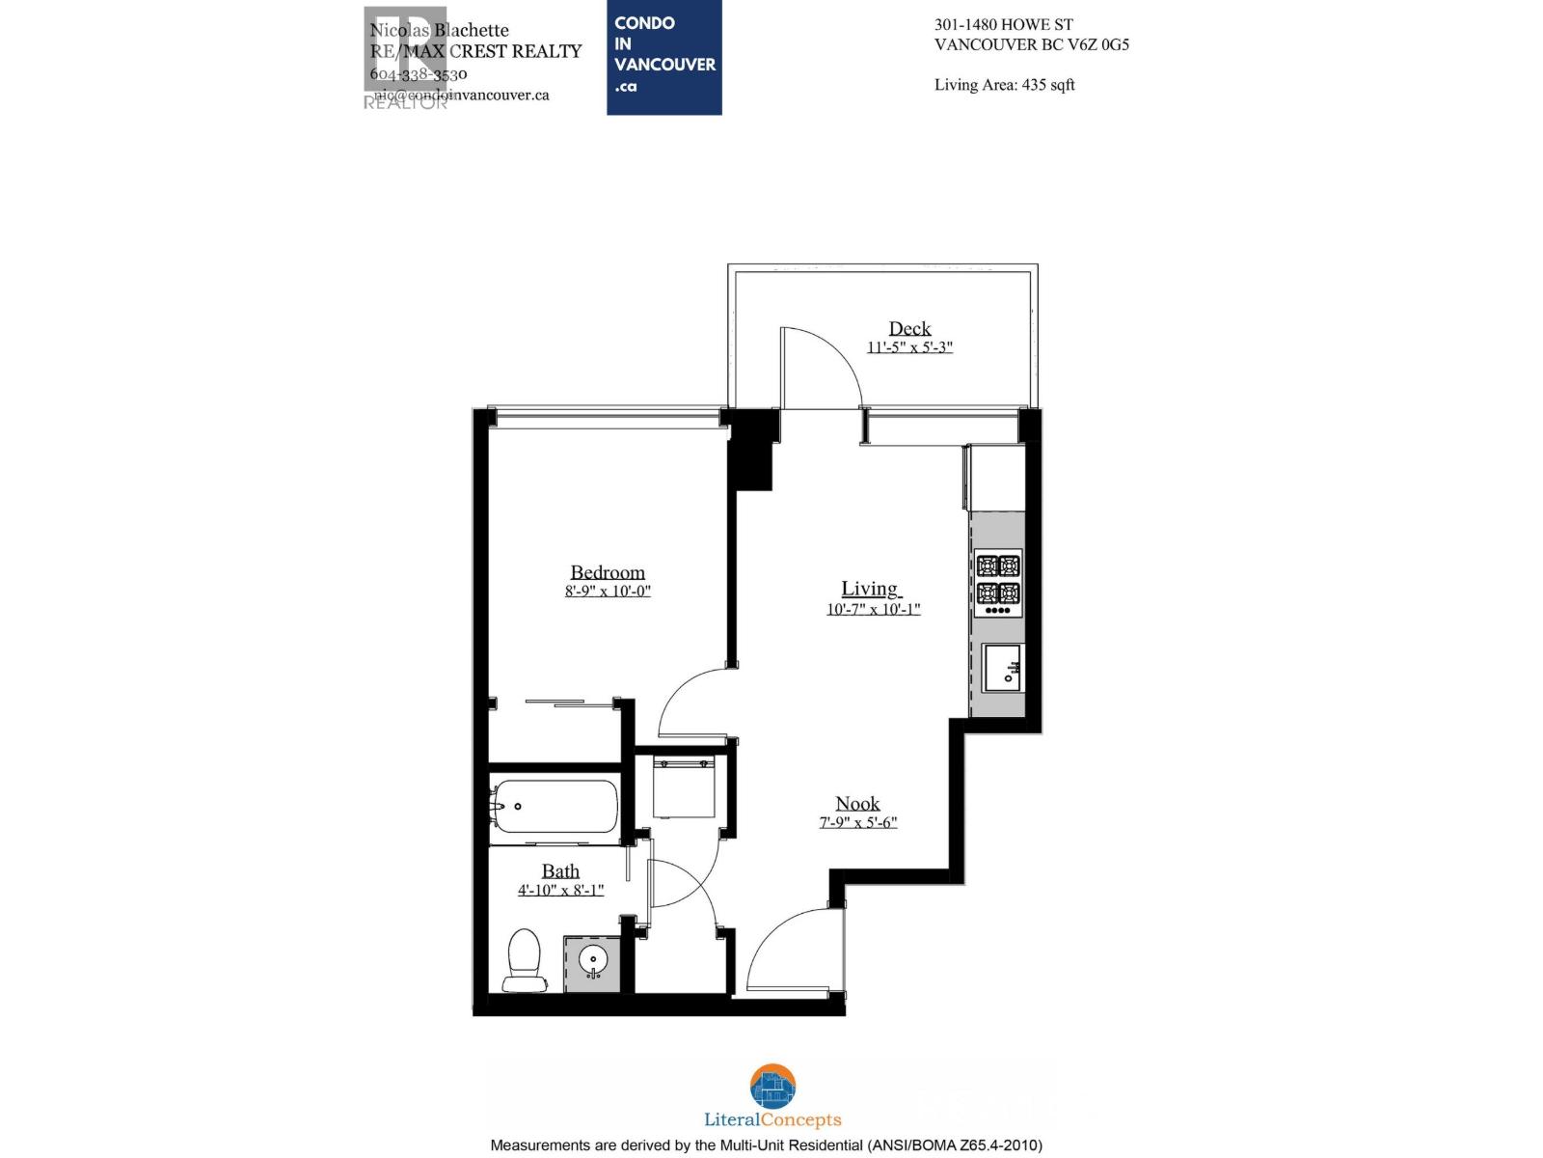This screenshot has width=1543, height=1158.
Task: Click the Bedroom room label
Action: pyautogui.click(x=607, y=572)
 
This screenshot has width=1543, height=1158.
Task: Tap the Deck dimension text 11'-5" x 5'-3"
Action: pyautogui.click(x=909, y=347)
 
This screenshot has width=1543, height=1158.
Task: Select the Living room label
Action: pyautogui.click(x=870, y=589)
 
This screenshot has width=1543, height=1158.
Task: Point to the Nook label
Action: pyautogui.click(x=857, y=804)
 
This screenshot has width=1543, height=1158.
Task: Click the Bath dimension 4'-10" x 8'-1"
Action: pyautogui.click(x=560, y=890)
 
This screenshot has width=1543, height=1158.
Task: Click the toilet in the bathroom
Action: pyautogui.click(x=524, y=959)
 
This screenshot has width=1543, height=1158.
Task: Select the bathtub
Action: pyautogui.click(x=555, y=806)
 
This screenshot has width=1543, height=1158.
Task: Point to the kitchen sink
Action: pyautogui.click(x=1003, y=668)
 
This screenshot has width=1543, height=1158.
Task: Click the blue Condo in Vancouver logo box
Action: pyautogui.click(x=663, y=58)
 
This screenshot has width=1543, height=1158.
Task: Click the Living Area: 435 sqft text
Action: pyautogui.click(x=1004, y=85)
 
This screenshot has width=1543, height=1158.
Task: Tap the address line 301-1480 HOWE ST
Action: pyautogui.click(x=1003, y=25)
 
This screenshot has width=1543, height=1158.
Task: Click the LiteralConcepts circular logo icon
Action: pyautogui.click(x=772, y=1088)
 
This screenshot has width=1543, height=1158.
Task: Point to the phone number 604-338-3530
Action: pyautogui.click(x=419, y=74)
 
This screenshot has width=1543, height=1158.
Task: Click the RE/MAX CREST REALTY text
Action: pyautogui.click(x=476, y=51)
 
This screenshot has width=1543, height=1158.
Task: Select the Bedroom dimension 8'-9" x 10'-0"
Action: pyautogui.click(x=608, y=592)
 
